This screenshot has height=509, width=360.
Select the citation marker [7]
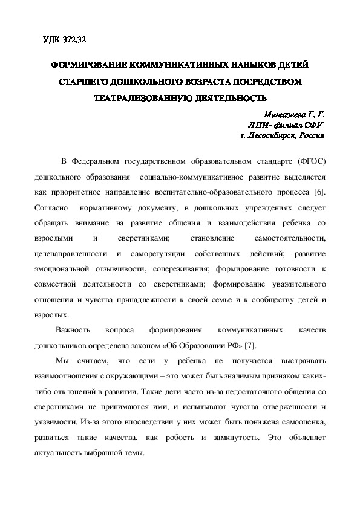[246, 345]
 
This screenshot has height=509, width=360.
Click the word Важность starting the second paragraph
[73, 330]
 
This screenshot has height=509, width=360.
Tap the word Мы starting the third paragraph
[61, 360]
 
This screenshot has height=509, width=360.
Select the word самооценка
[301, 421]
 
